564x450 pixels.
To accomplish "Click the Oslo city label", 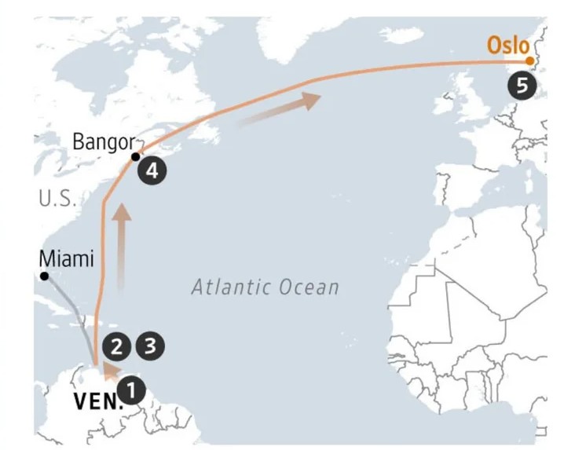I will coord(507,45).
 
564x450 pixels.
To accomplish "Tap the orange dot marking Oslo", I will coord(529,60).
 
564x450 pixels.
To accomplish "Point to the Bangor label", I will coord(103,142).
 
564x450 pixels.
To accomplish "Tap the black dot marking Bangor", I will coord(136,156).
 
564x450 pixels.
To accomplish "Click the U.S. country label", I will coord(57,198).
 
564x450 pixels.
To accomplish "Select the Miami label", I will coord(66,258).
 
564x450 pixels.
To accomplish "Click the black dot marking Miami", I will coord(45,276).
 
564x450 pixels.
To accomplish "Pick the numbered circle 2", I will coord(116,345).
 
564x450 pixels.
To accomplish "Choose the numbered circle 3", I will coord(150,345).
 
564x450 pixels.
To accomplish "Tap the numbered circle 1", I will coord(131,387).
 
